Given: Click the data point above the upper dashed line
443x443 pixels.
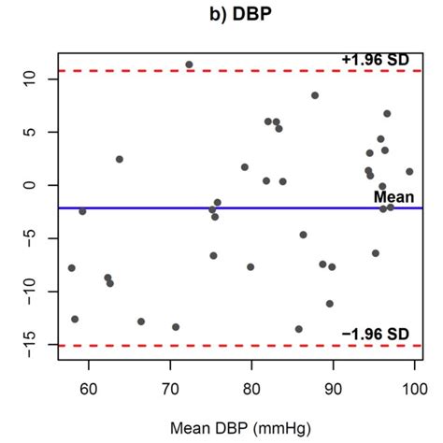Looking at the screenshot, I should pyautogui.click(x=189, y=64).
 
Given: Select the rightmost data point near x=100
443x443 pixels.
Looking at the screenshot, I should pyautogui.click(x=409, y=171).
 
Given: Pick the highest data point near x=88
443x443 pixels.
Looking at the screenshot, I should pyautogui.click(x=315, y=95).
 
